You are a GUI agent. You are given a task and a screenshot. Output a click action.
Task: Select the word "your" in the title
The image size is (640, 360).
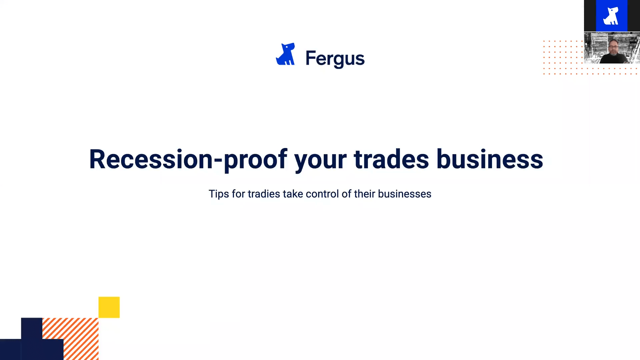tap(320, 162)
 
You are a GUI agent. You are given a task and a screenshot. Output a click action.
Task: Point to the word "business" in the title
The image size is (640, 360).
tap(490, 159)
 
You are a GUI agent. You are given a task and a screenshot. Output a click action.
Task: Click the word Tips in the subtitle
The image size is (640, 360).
tap(219, 194)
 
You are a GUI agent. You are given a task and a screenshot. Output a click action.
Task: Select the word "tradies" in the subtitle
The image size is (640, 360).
tap(264, 194)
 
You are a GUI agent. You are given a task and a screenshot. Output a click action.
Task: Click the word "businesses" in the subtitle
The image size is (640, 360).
tap(405, 194)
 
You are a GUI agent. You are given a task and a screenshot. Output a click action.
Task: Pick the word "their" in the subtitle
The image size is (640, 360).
tap(365, 194)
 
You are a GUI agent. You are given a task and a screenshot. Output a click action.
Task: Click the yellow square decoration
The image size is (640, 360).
tap(109, 307)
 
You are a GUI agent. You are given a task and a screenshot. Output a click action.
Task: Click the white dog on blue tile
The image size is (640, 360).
tap(611, 16)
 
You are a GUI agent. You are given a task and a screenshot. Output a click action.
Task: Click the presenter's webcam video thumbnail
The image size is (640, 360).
tap(612, 48)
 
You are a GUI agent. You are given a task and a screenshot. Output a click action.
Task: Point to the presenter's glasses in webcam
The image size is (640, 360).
tap(613, 47)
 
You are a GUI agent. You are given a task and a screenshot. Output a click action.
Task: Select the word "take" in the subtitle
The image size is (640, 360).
tap(293, 194)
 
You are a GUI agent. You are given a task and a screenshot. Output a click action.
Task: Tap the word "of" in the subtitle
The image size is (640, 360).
tap(346, 194)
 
